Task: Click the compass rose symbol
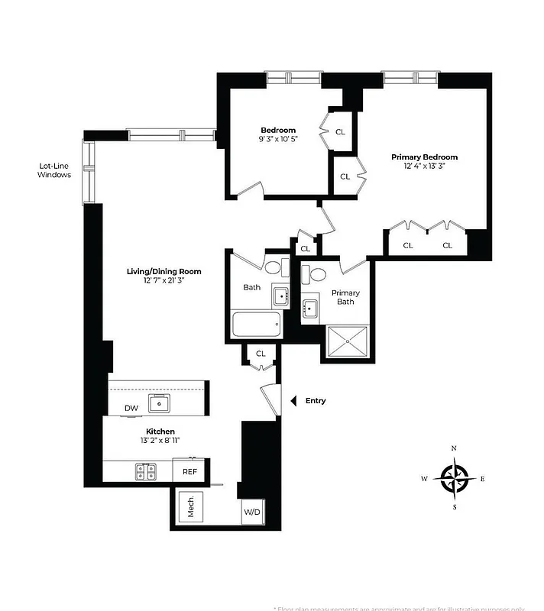[454, 478]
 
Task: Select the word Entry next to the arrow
[316, 400]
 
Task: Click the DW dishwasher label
[131, 409]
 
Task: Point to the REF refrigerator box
[189, 471]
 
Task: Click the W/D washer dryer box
[252, 512]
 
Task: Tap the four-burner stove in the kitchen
[146, 472]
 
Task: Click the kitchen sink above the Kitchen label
[160, 402]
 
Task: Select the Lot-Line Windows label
[54, 170]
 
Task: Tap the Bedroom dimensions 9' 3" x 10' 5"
[278, 139]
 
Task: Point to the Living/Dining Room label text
[164, 271]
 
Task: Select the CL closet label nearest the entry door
[261, 354]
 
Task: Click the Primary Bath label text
[345, 297]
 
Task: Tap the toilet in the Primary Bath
[315, 276]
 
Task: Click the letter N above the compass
[454, 448]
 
